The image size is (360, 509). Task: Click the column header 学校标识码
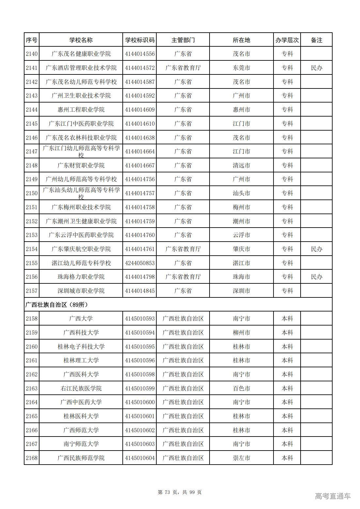pyautogui.click(x=139, y=40)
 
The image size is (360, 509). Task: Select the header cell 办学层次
pyautogui.click(x=287, y=40)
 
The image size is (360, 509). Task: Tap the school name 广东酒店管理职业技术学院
pyautogui.click(x=81, y=68)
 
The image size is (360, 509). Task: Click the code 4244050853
pyautogui.click(x=139, y=263)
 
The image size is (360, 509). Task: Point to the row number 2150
pyautogui.click(x=32, y=193)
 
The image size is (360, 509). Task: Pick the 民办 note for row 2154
pyautogui.click(x=316, y=249)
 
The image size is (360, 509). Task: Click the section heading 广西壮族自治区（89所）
pyautogui.click(x=57, y=305)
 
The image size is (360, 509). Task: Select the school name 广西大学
pyautogui.click(x=81, y=319)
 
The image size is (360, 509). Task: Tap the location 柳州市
pyautogui.click(x=242, y=333)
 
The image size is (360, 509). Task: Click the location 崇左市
pyautogui.click(x=242, y=458)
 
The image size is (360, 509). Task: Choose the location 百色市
pyautogui.click(x=242, y=389)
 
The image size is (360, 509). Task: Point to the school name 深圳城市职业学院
pyautogui.click(x=81, y=291)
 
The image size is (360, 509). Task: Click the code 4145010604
pyautogui.click(x=139, y=458)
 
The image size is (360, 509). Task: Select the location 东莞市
pyautogui.click(x=242, y=68)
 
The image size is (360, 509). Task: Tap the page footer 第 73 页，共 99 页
pyautogui.click(x=180, y=492)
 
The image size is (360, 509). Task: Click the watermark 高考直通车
pyautogui.click(x=333, y=496)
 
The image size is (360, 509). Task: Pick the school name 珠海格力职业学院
pyautogui.click(x=81, y=277)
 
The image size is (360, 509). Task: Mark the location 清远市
pyautogui.click(x=242, y=166)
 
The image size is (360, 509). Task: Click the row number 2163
pyautogui.click(x=32, y=389)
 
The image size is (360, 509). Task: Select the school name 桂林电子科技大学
pyautogui.click(x=81, y=347)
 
